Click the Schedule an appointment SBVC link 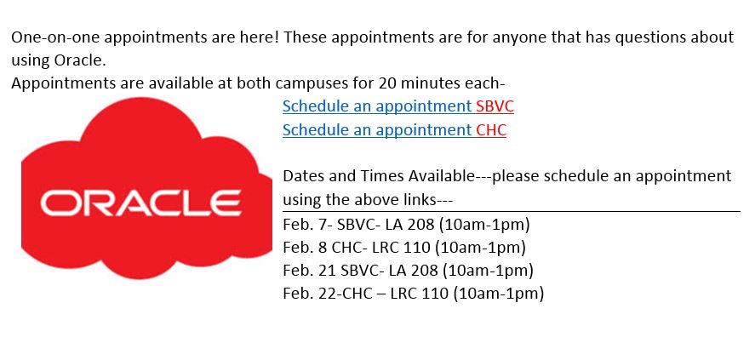coord(398,106)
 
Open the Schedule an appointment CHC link coord(394,129)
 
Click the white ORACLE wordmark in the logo coord(140,203)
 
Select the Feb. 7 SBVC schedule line coord(406,225)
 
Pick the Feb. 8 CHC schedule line coord(404,248)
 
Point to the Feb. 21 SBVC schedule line coord(409,271)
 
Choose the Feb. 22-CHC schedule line coord(414,293)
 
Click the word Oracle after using coord(86,60)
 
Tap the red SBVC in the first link coord(495,106)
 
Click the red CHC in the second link coord(491,129)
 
